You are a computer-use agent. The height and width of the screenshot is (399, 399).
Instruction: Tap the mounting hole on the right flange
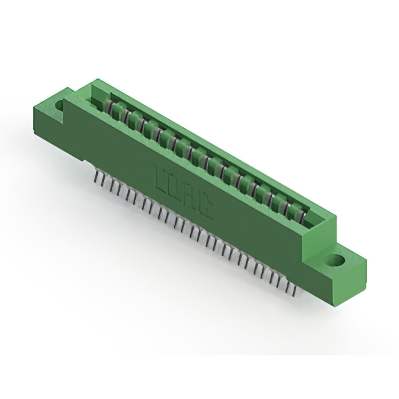point(337,261)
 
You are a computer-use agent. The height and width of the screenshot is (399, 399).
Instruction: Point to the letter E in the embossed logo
point(158,176)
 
